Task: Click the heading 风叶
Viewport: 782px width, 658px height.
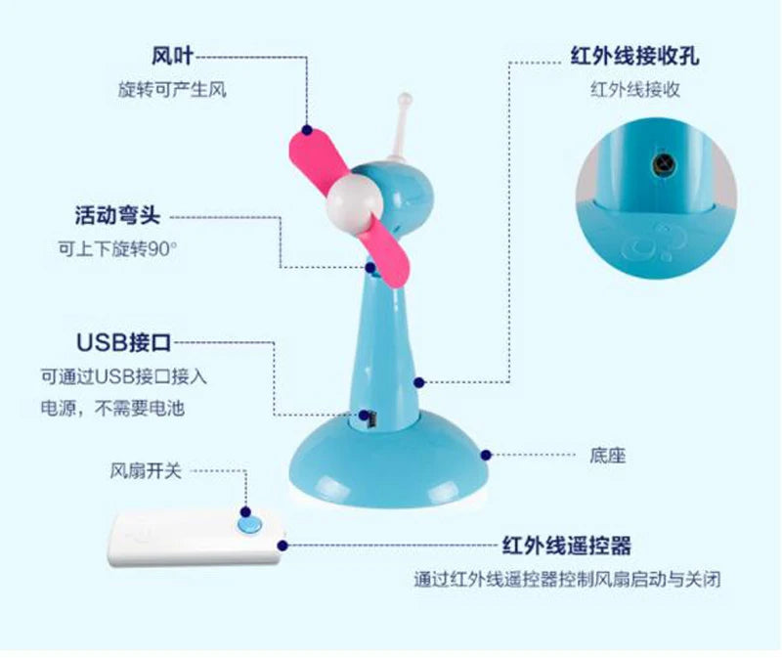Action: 172,56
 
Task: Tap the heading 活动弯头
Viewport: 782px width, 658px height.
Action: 117,215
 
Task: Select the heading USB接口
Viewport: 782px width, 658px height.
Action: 124,342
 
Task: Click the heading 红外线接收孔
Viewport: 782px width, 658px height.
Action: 634,56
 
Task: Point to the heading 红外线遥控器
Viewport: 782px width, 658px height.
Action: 567,546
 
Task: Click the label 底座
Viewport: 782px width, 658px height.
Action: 607,456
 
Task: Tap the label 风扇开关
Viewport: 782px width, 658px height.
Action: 146,470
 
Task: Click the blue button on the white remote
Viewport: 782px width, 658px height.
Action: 249,525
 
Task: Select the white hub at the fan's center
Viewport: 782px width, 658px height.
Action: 355,203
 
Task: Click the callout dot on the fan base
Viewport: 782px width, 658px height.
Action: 486,455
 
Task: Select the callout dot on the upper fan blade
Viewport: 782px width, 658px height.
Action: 307,130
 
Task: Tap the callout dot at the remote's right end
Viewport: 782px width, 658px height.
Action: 282,546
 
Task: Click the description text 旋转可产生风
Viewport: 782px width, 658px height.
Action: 172,90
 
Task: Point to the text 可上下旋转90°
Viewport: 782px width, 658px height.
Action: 117,248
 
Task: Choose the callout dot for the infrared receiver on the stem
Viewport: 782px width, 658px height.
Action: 419,382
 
